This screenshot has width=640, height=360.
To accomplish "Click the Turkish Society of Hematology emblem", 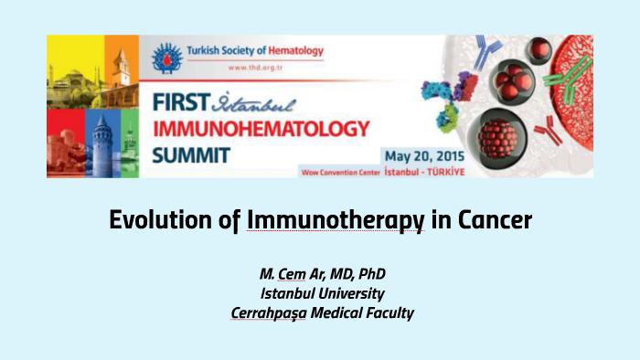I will coord(167,56).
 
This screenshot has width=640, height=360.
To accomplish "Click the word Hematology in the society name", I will coord(291,50).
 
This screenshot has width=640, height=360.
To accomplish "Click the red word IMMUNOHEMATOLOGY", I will coord(261,126).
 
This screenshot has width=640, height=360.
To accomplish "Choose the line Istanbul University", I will coord(322,293).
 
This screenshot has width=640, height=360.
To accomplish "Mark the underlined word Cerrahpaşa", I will coord(268,312).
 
